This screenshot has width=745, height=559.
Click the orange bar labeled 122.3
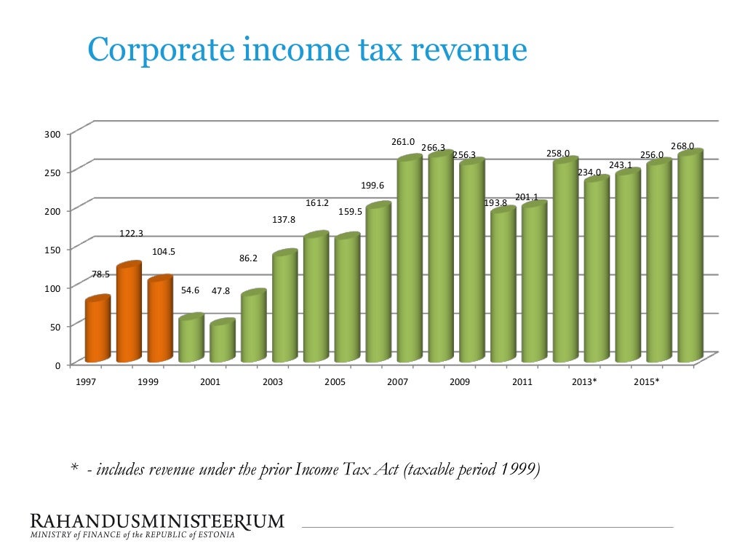point(128,313)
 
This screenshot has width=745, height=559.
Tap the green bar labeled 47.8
point(222,341)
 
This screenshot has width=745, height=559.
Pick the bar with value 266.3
point(439,258)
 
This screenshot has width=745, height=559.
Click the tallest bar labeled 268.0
point(689,256)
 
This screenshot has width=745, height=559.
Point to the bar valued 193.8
point(502,285)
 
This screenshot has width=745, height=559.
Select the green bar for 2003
point(284,306)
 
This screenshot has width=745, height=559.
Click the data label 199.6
point(372,186)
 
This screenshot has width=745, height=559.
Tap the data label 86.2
point(248,258)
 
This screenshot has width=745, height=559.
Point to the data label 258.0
point(558,154)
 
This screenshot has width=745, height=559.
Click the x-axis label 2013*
point(584,381)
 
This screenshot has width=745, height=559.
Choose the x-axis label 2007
point(398,381)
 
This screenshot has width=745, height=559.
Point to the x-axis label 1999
point(149,381)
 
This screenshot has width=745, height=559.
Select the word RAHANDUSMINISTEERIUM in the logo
point(157,521)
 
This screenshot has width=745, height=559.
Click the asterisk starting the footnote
point(74,470)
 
